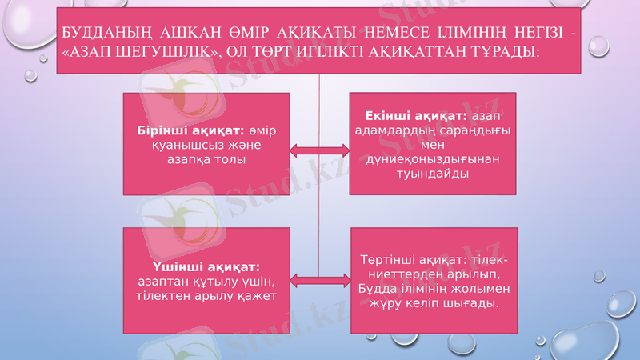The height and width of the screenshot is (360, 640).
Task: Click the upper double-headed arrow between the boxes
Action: click(319, 150)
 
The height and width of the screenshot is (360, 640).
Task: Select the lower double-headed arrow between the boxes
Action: click(319, 279)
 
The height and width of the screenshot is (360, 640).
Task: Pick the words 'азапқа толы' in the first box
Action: click(206, 159)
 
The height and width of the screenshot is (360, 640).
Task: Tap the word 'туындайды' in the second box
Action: click(433, 174)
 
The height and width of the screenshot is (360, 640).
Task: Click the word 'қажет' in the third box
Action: click(258, 295)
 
